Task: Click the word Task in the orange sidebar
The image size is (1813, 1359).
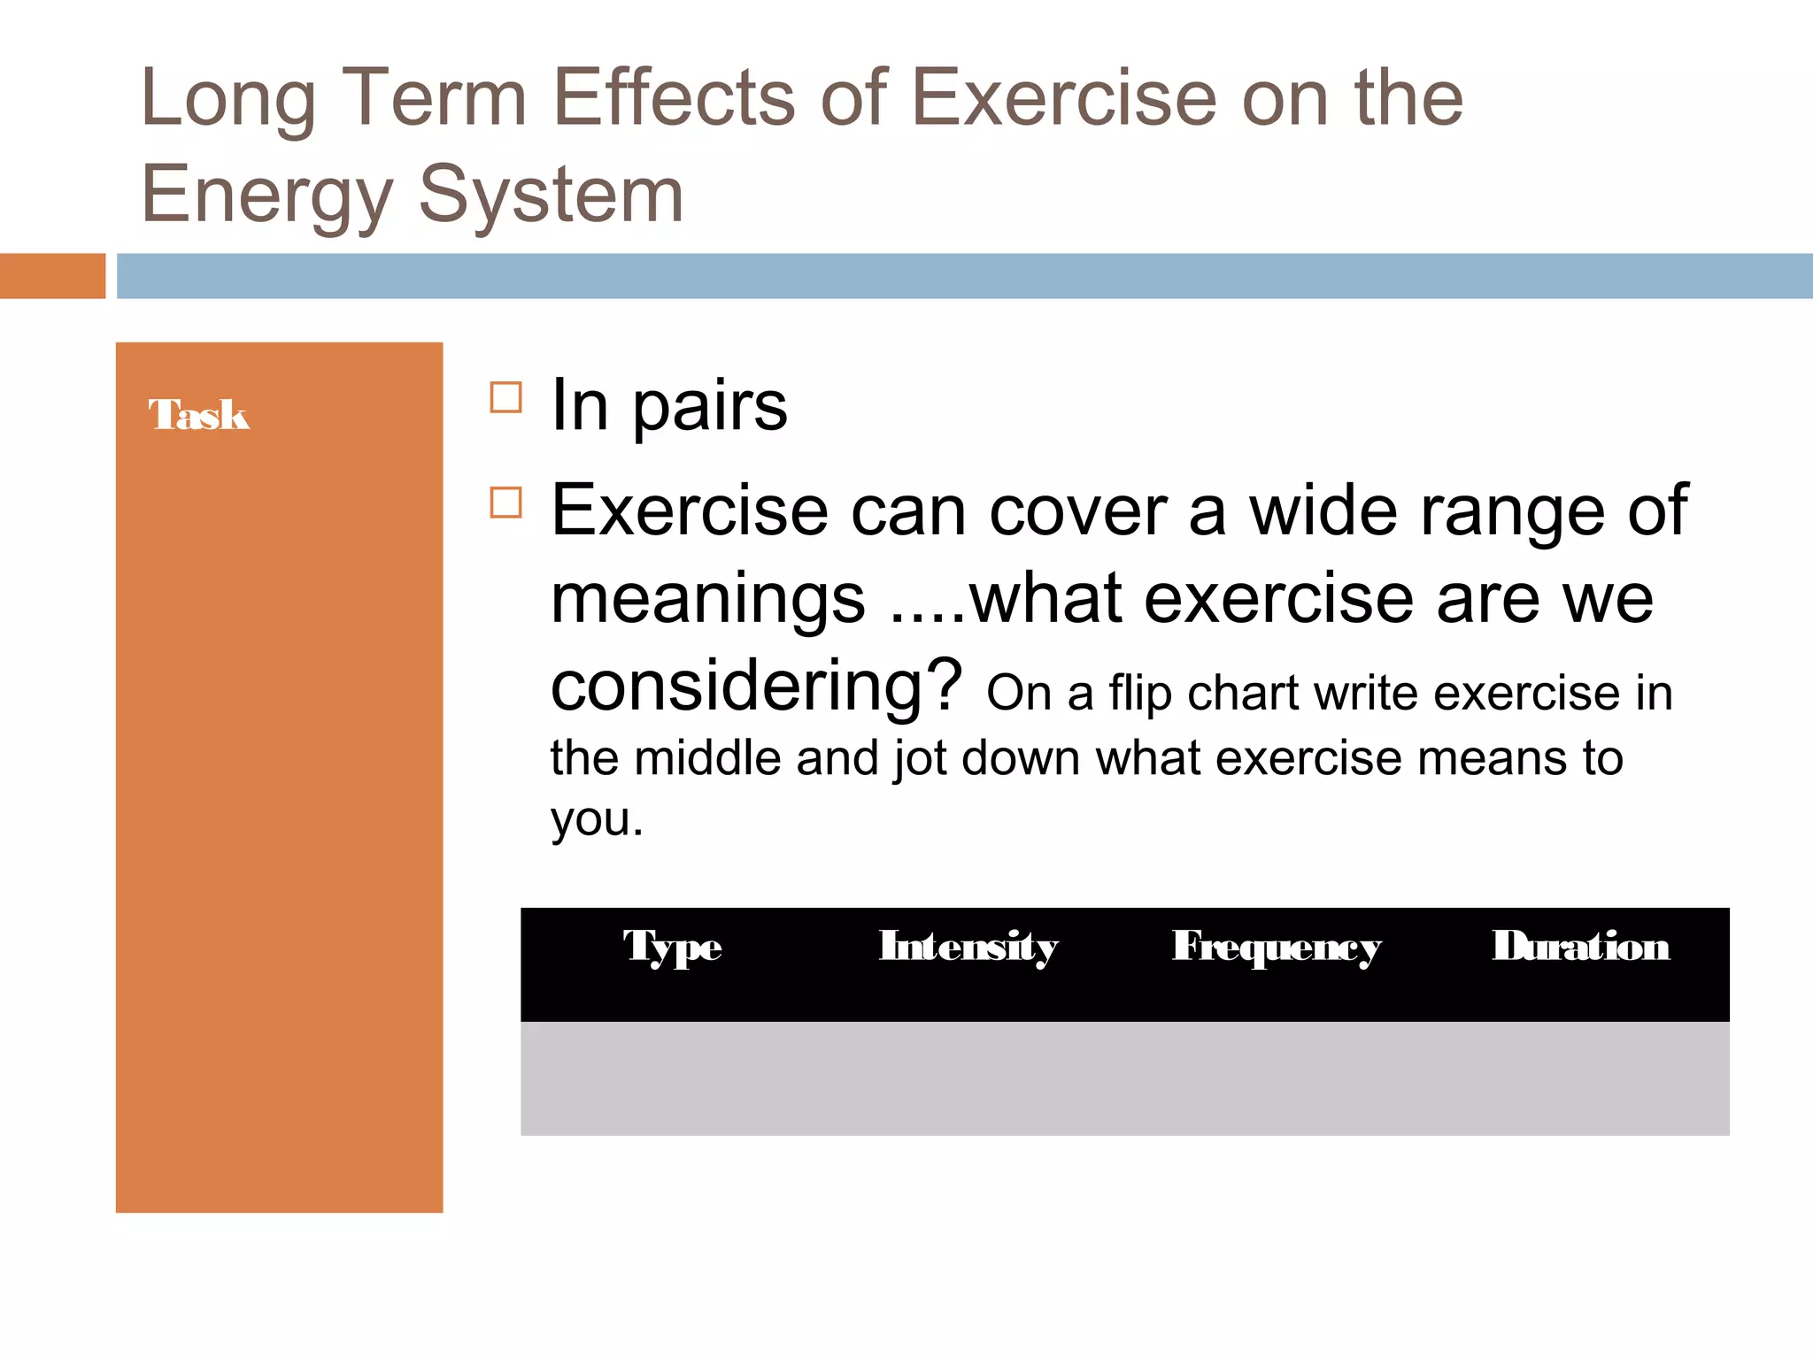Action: tap(199, 415)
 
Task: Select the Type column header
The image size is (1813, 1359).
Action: tap(673, 947)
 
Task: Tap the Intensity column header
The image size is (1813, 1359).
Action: tap(968, 947)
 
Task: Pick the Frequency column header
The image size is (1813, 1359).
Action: tap(1276, 947)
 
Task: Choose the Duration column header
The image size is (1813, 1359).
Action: tap(1581, 946)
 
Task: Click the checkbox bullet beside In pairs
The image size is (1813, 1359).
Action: tap(505, 397)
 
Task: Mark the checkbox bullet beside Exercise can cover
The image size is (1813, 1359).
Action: tap(505, 503)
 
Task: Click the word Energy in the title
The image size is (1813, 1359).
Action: tap(266, 195)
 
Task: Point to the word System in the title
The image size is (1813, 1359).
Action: tap(551, 195)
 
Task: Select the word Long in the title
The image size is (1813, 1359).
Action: tap(228, 99)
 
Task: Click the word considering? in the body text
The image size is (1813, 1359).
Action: tap(756, 687)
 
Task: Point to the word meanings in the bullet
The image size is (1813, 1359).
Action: tap(707, 600)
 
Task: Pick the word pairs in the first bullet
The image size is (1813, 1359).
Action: tap(709, 407)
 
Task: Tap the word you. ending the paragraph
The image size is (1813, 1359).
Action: tap(597, 819)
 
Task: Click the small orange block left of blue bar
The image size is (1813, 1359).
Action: tap(52, 276)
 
